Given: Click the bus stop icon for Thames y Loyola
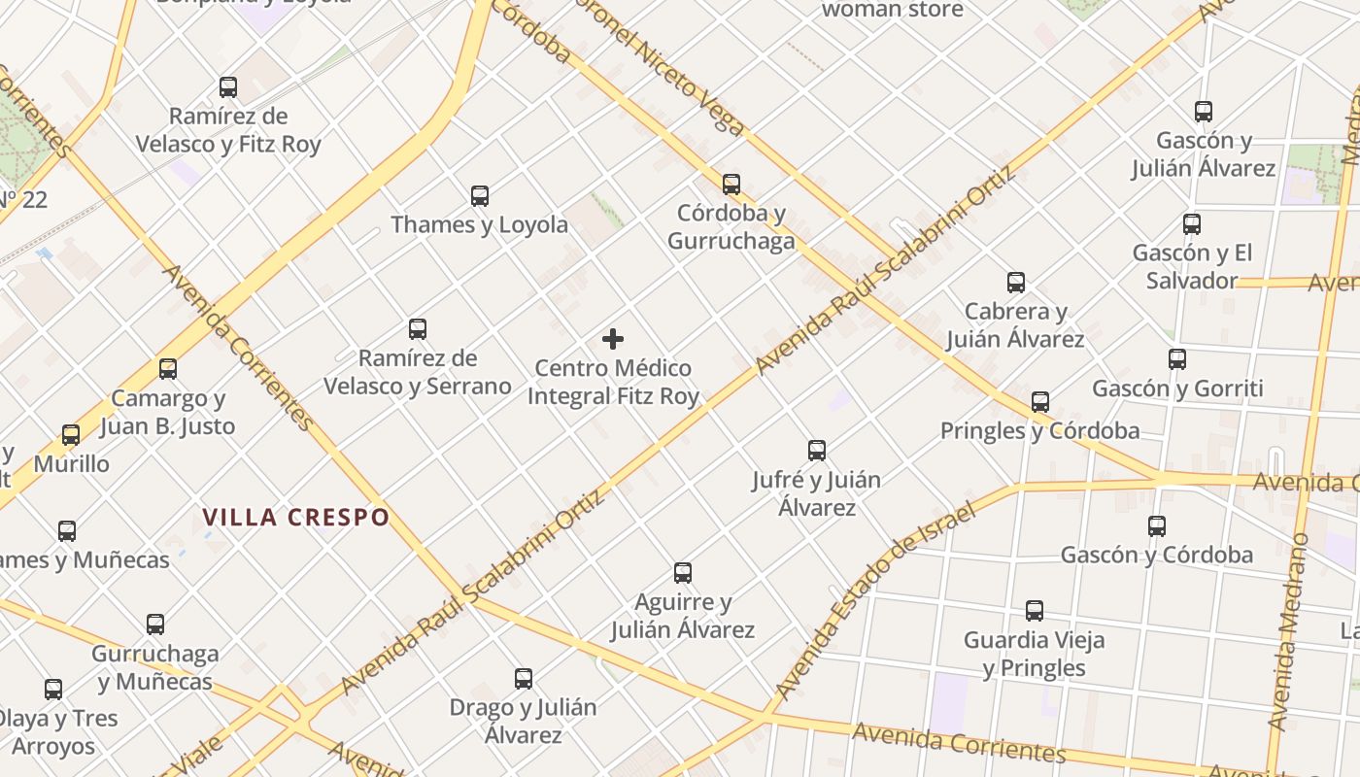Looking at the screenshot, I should pyautogui.click(x=480, y=196).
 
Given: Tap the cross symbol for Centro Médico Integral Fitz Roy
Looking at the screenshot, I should pyautogui.click(x=613, y=339).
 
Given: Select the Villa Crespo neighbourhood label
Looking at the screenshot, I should pyautogui.click(x=296, y=517).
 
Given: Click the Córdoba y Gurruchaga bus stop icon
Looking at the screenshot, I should pyautogui.click(x=731, y=184).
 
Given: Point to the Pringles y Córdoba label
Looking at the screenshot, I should pyautogui.click(x=1039, y=430).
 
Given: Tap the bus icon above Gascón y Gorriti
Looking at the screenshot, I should pyautogui.click(x=1177, y=359).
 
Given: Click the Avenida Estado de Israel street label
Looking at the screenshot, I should pyautogui.click(x=874, y=602).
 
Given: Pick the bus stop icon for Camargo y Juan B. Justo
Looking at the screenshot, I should pyautogui.click(x=168, y=369).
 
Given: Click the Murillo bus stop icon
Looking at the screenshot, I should pyautogui.click(x=71, y=434).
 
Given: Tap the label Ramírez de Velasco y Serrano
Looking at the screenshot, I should pyautogui.click(x=417, y=372).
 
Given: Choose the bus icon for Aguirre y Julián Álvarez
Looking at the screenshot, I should pyautogui.click(x=683, y=573).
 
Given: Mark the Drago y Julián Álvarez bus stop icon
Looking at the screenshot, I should pyautogui.click(x=524, y=678).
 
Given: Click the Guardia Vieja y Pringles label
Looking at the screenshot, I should pyautogui.click(x=1034, y=654).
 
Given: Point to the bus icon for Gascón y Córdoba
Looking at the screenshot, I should pyautogui.click(x=1156, y=526).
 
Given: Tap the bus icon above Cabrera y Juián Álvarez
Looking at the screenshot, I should pyautogui.click(x=1016, y=283).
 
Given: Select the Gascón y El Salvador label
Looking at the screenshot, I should pyautogui.click(x=1192, y=266).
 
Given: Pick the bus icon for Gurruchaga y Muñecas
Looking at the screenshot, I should pyautogui.click(x=155, y=625).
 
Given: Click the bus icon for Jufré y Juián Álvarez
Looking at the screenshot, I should pyautogui.click(x=817, y=451).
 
